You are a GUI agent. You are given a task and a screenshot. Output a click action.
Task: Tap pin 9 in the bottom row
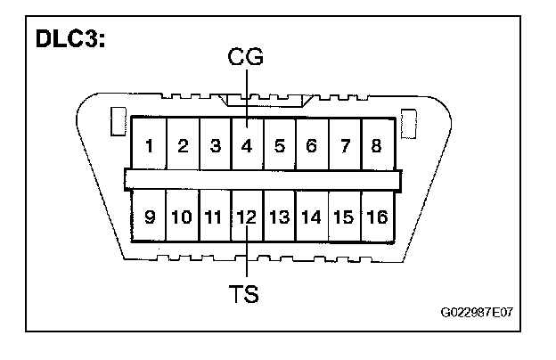[151, 216]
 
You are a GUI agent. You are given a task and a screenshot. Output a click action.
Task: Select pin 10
[183, 216]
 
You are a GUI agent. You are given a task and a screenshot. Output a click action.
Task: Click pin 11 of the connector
[215, 216]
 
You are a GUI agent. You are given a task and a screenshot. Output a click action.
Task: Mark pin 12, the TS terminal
[247, 216]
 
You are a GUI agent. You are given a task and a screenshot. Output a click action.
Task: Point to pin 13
[279, 216]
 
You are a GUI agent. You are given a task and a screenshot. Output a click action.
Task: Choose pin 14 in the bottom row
[311, 216]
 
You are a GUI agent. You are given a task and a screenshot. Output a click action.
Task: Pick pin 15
[343, 216]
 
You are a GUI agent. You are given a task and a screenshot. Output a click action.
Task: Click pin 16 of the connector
[376, 216]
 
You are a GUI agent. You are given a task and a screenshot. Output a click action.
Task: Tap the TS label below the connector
[245, 293]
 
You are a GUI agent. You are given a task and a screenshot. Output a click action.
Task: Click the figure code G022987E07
[481, 315]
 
